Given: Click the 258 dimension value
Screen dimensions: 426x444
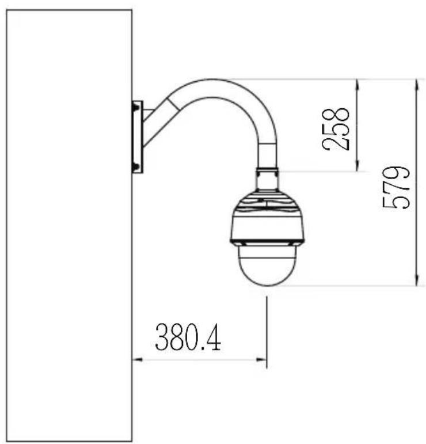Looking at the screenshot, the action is [336, 129].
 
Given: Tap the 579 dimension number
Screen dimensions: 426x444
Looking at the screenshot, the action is [396, 188].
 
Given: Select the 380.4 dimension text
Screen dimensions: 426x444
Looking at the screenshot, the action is [188, 337].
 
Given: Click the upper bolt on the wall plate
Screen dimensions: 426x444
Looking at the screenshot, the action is [136, 108].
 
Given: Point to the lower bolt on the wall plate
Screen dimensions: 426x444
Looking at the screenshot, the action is [136, 166].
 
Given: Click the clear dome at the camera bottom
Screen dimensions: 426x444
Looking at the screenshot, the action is [267, 265].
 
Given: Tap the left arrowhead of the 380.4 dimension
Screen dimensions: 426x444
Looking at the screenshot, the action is [137, 359].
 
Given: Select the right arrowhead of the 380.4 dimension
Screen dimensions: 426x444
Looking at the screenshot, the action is [261, 359].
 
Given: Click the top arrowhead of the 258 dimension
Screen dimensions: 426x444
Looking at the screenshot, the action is [357, 85].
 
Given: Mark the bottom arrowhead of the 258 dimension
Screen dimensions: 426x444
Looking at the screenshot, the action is [357, 166].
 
